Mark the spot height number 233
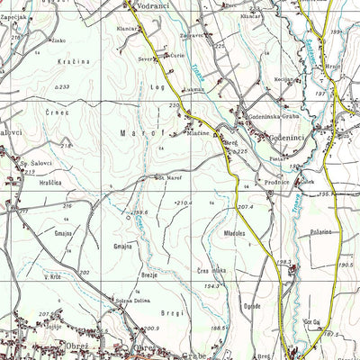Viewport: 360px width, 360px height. coord(62,86)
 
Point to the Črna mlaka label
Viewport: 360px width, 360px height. coord(212,271)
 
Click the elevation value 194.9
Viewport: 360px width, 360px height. coord(211,285)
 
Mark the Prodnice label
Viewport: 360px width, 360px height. coord(276,183)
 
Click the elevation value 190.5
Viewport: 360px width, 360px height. coord(344,265)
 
